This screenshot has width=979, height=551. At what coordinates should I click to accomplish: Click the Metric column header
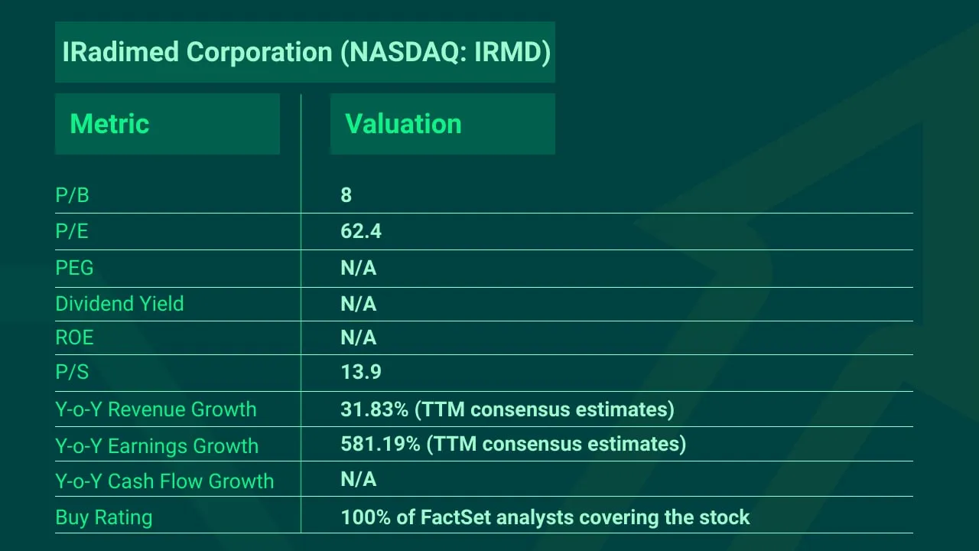[x=109, y=124]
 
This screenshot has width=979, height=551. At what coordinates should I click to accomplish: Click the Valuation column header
[x=403, y=124]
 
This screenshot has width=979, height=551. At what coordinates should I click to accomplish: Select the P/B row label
[x=72, y=195]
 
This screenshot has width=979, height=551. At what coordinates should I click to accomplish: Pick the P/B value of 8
[x=346, y=195]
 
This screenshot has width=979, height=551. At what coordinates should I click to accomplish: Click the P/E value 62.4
[x=361, y=231]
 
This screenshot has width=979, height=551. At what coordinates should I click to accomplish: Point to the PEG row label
[x=74, y=268]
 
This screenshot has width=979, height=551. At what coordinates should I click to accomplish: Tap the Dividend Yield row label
[x=119, y=304]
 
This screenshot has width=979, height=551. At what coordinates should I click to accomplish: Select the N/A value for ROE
[x=359, y=337]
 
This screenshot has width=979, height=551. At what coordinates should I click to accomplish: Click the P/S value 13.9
[x=361, y=372]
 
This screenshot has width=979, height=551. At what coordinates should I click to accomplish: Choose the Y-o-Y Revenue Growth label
[x=155, y=409]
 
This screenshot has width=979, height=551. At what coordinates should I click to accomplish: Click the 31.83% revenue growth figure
[x=375, y=409]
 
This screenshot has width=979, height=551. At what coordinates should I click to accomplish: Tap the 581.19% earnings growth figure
[x=380, y=444]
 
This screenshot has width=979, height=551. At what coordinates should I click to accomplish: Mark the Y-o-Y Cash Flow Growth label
[x=164, y=481]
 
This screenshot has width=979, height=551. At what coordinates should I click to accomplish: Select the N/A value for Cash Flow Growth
[x=359, y=479]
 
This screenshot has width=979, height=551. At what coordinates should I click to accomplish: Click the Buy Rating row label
[x=103, y=517]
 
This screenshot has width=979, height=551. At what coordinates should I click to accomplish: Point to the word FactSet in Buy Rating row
[x=456, y=517]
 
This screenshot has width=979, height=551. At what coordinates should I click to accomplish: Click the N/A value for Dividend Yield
[x=359, y=304]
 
